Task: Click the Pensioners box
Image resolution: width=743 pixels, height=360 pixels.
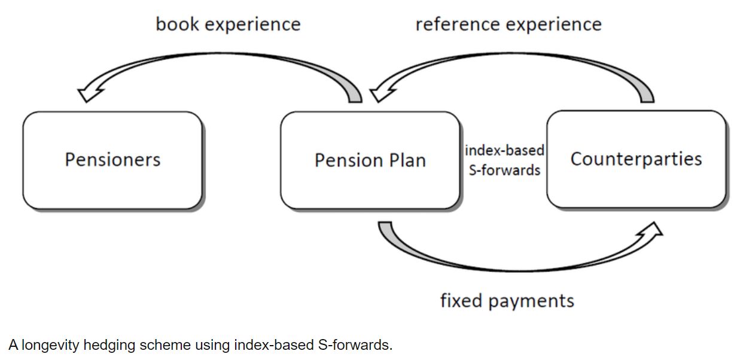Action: click(112, 160)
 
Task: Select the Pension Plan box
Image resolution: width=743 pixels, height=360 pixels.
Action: click(370, 160)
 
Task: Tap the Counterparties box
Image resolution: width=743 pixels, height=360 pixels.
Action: click(636, 159)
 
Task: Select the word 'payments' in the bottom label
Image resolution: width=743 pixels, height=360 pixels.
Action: click(531, 301)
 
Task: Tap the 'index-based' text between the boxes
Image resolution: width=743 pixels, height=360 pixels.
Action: click(504, 151)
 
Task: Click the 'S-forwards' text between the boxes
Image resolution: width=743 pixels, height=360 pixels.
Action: click(504, 170)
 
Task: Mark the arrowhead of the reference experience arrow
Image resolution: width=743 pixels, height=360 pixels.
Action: click(380, 93)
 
